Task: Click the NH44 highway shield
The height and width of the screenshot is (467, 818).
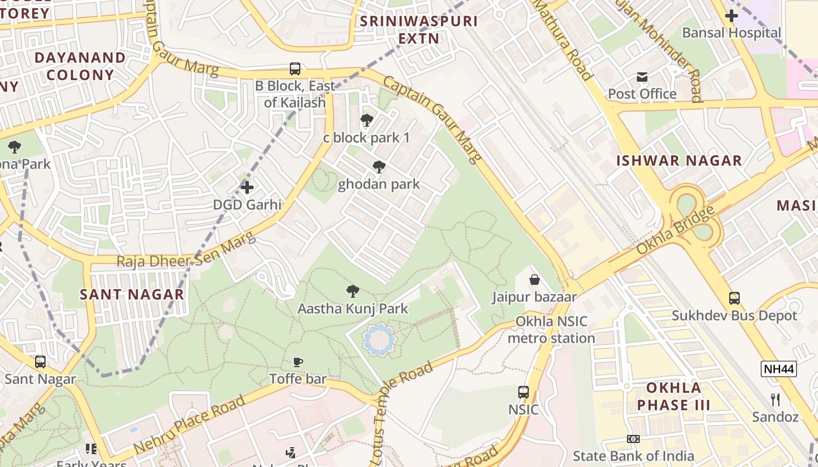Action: tap(779, 369)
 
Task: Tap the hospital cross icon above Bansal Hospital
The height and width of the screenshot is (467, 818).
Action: tap(731, 16)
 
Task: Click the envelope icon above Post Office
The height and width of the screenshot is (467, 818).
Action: tap(642, 77)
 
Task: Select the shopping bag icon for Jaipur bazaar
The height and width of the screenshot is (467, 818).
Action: tap(534, 280)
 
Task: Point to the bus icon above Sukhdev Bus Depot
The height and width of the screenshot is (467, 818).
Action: tap(734, 298)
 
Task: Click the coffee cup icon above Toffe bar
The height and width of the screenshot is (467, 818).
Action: tap(298, 362)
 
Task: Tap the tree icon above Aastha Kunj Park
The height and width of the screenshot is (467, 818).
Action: tap(352, 291)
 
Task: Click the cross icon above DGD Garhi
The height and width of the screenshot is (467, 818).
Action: tap(247, 187)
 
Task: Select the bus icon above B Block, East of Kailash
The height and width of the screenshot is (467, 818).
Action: tap(295, 69)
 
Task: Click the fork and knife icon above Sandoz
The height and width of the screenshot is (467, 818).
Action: tap(775, 400)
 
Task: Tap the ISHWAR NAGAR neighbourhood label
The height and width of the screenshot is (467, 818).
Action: tap(679, 161)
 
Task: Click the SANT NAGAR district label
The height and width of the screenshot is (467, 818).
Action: tap(132, 294)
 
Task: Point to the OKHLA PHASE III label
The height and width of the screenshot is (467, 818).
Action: tap(674, 396)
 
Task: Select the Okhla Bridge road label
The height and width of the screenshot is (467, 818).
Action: tap(675, 230)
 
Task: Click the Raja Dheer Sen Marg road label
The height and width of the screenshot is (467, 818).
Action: tap(186, 250)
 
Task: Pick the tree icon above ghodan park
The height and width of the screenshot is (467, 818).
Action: tap(379, 168)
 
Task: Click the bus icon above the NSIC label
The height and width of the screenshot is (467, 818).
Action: tap(524, 392)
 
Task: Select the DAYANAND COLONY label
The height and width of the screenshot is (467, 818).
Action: tap(80, 66)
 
